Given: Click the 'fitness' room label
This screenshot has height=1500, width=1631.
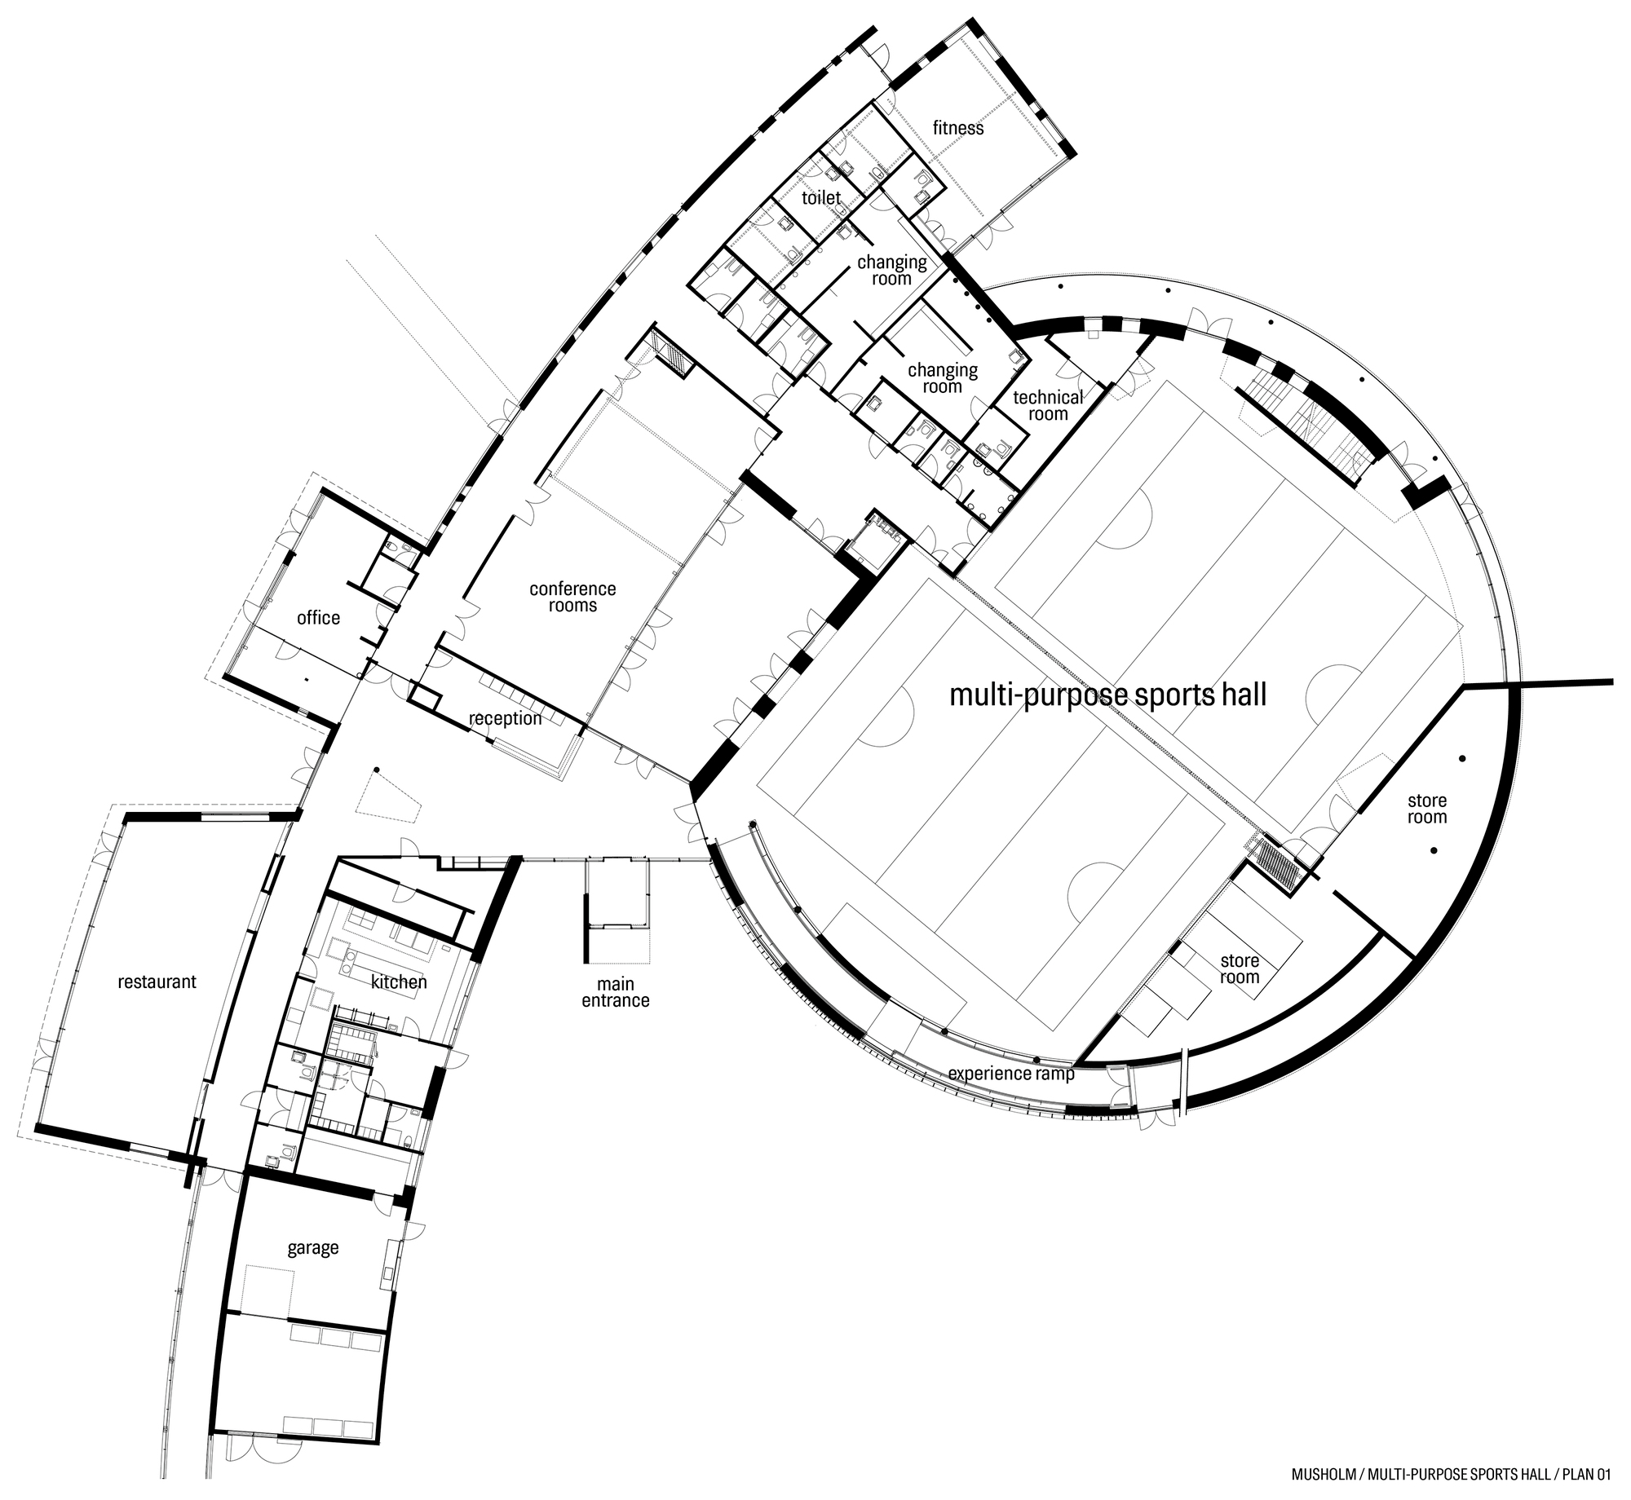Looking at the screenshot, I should pos(958,128).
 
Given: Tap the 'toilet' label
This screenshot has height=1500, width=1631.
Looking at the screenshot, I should pos(820,197).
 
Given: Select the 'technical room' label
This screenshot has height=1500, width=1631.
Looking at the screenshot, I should pos(1048,405).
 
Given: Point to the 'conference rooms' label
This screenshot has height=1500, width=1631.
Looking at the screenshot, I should pos(572,597).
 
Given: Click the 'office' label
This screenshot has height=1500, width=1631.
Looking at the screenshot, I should pos(318,618).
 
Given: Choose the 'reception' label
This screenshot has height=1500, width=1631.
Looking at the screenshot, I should pos(506,718).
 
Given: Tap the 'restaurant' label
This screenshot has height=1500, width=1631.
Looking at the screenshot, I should pos(157,982).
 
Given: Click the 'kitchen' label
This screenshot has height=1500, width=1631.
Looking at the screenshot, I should pos(399,982).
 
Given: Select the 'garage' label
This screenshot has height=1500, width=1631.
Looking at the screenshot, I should pos(312,1247).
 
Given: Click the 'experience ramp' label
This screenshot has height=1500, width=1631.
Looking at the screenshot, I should pos(1011,1073).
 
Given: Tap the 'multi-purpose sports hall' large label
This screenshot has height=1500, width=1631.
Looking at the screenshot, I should pos(1108,695).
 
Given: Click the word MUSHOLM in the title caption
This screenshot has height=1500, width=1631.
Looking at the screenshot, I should pos(1320,1473).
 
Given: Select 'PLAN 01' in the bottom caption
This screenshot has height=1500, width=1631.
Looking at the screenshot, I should pos(1580,1473).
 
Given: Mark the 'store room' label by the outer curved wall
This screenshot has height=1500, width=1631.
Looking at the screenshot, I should pos(1426,809).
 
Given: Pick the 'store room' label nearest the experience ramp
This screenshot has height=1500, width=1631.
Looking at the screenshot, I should pos(1240,968).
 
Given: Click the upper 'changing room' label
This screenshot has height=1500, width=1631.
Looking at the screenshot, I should pos(891,270).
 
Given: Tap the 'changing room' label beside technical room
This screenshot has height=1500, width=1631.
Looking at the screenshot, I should pos(943,377).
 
